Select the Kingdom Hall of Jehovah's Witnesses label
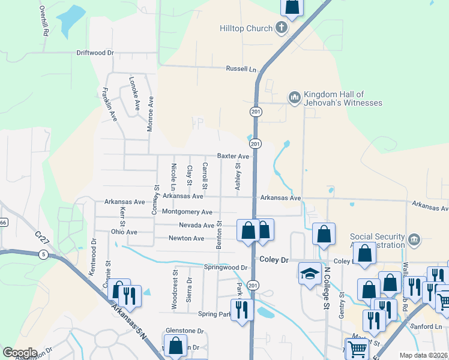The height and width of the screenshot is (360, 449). click(343, 99)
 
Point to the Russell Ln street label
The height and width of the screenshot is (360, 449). click(240, 69)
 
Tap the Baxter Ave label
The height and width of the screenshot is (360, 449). click(233, 156)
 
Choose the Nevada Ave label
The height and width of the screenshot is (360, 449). click(196, 226)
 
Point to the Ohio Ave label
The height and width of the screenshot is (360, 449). click(124, 232)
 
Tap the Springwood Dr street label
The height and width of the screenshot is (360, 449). click(226, 267)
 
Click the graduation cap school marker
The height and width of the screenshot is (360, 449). click(310, 274)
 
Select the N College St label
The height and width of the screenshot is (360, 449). click(328, 287)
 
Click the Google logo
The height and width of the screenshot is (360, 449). click(20, 353)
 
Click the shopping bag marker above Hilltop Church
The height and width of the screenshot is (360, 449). click(292, 7)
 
